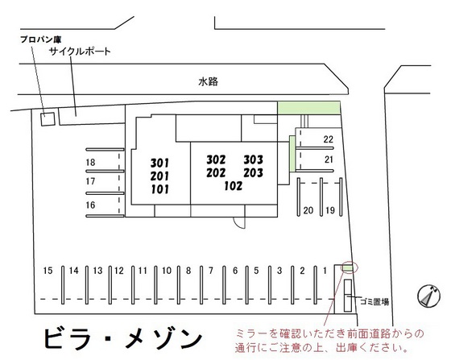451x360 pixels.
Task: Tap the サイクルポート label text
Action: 79,52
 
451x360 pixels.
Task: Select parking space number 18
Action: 91,163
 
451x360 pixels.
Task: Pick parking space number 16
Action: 91,205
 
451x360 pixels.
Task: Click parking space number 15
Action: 48,271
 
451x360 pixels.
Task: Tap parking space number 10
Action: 165,271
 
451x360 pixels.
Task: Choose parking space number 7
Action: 211,271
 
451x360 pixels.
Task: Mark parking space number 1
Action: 325,271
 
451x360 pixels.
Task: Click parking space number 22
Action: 329,139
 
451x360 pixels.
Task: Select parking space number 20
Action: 308,210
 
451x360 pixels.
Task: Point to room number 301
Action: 159,162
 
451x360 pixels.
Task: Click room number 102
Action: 234,186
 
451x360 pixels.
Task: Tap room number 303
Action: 254,159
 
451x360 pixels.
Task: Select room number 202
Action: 215,172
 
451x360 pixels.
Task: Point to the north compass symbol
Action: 427,296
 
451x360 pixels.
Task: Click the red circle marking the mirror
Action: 349,267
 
